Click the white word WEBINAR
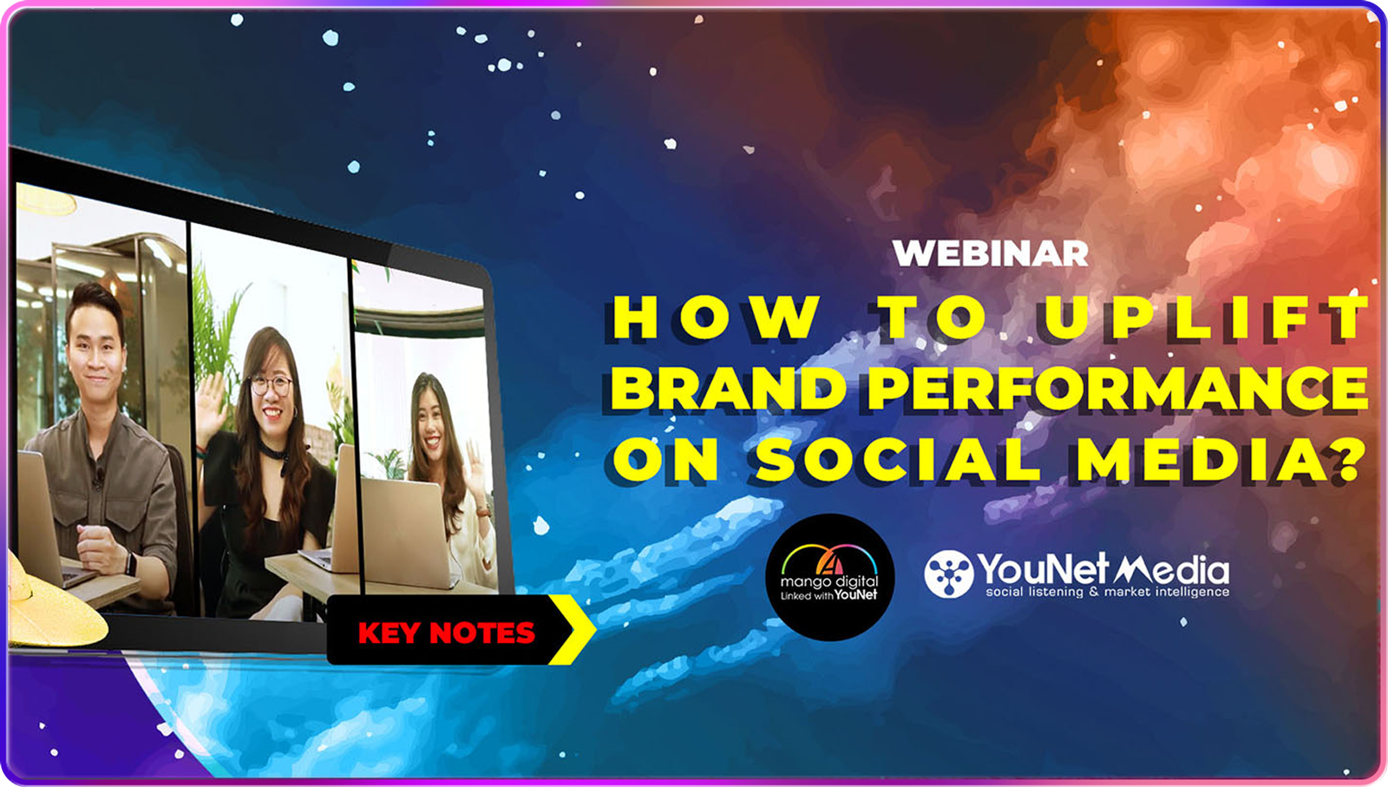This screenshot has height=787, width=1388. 990,252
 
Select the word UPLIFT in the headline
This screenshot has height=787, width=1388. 1205,318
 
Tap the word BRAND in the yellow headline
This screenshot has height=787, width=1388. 729,388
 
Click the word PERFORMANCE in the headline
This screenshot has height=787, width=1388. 1117,388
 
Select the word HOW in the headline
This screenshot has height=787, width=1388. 716,318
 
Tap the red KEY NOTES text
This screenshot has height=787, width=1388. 446,633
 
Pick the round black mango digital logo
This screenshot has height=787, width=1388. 829,577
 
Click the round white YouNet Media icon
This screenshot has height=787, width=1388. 949,574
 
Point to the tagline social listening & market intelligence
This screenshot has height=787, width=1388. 1107,593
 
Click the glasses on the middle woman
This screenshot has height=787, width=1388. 271,385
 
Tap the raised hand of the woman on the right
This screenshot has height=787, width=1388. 478,478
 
